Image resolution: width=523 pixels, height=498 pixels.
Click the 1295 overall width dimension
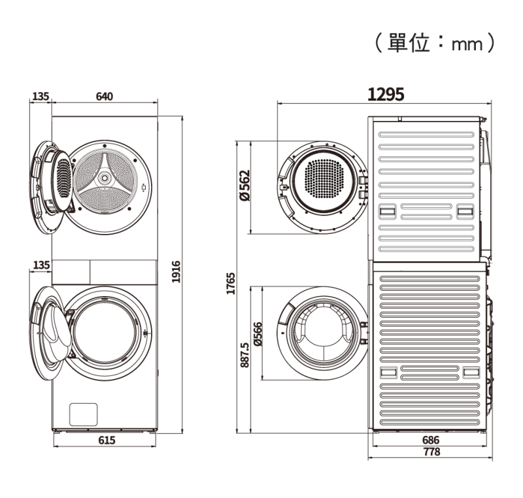coord(386,94)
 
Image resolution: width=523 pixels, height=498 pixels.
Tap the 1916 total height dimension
coord(176,272)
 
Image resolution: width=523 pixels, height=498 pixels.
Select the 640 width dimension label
coord(105,96)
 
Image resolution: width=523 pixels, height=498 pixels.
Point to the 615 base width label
coord(107,440)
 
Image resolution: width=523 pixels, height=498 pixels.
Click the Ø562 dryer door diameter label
coord(245,186)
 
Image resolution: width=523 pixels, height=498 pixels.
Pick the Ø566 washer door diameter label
coord(258,334)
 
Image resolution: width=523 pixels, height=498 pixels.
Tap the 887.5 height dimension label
coord(245,355)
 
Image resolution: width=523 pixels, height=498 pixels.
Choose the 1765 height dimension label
coord(231,284)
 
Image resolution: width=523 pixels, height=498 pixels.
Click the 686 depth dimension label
coord(431,440)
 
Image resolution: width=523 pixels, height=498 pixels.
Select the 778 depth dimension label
coord(431,452)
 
